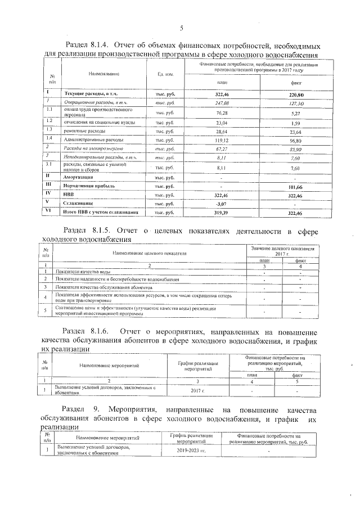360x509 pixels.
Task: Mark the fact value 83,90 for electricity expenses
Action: point(295,148)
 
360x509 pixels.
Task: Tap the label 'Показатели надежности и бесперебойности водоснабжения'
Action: point(117,280)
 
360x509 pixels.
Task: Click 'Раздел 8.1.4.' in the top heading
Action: point(91,46)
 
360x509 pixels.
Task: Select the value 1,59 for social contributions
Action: point(295,122)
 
